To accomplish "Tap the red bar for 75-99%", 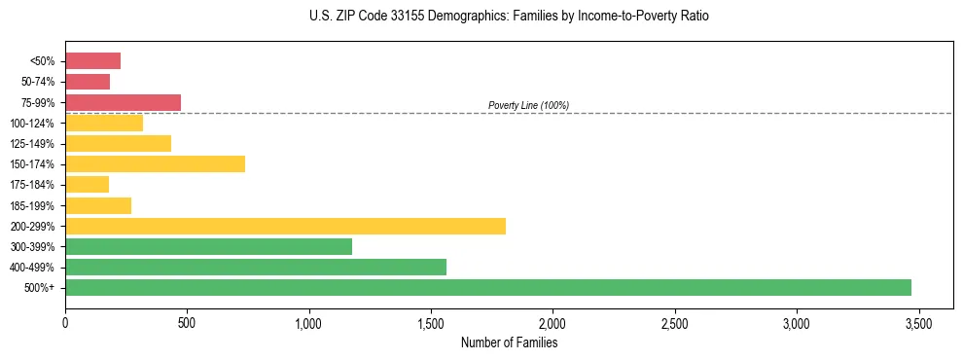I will coord(123,102).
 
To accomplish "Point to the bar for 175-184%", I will coord(87,184).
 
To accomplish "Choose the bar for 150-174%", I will coord(155,163).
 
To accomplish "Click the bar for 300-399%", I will coord(208,246).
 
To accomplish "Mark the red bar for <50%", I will coord(92,61).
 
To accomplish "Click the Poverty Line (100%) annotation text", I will coord(528,105).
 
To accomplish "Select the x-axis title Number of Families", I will coord(509,342).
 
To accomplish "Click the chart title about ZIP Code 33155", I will coord(510,17).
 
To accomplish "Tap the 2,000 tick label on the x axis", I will coord(553,322).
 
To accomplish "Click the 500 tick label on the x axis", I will coord(187,322).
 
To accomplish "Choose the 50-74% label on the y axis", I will coord(39,82).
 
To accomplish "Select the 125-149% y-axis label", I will coord(35,144).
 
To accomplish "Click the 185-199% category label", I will coord(35,205).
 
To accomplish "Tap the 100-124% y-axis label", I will coord(35,124).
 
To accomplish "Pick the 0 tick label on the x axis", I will coord(65,322).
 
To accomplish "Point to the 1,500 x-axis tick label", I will coord(431,322).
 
